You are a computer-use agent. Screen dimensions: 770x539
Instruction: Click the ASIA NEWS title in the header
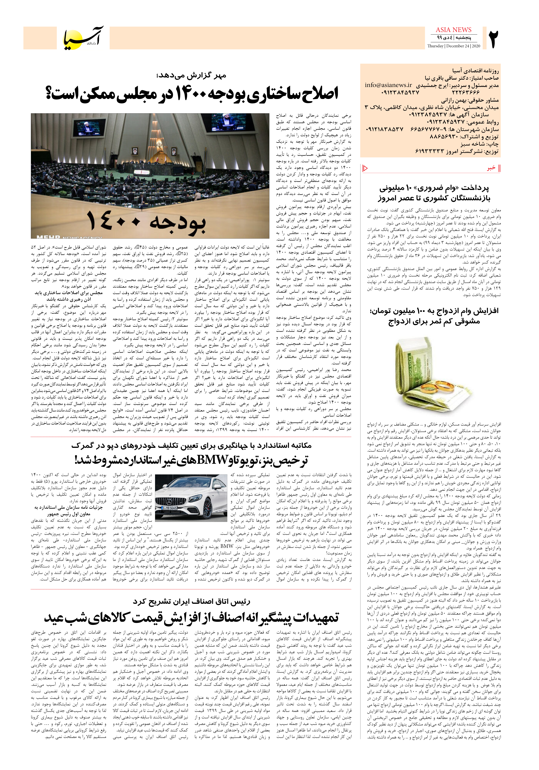tap(453, 30)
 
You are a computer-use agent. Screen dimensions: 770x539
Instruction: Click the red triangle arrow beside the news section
tap(365, 168)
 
